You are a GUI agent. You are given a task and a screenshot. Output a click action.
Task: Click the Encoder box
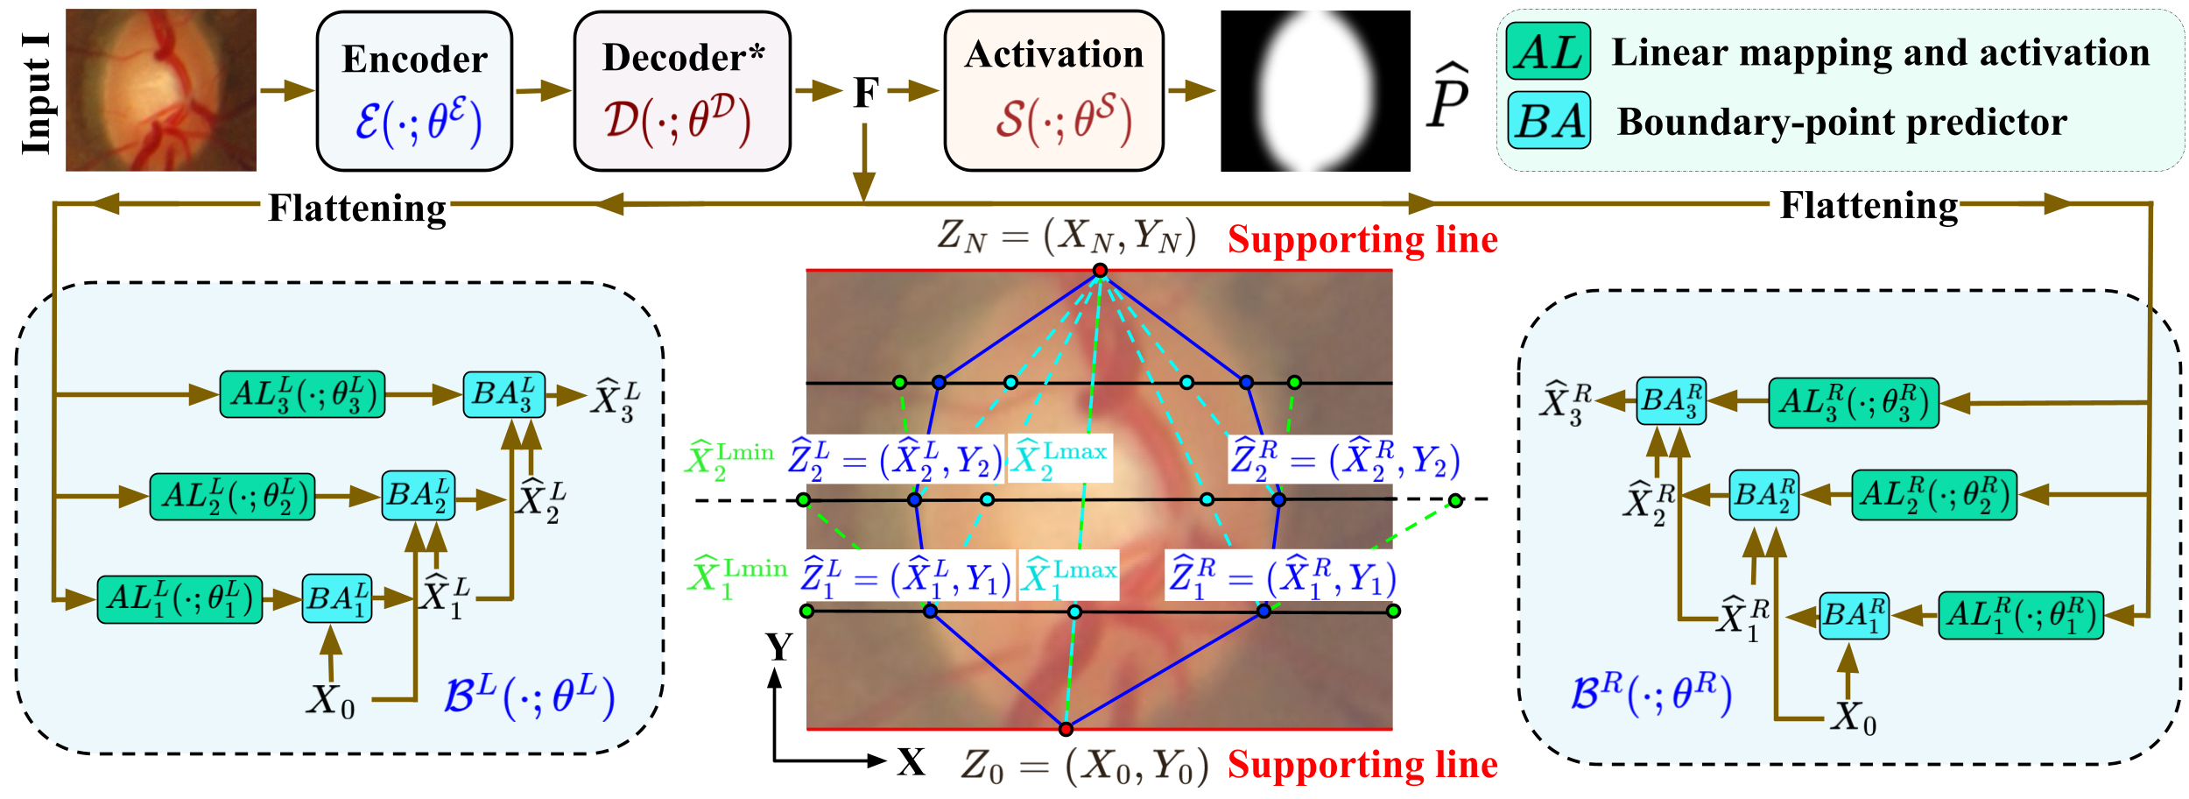click(414, 91)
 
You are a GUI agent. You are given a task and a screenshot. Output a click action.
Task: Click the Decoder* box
click(682, 91)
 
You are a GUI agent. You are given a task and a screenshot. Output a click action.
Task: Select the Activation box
click(1053, 91)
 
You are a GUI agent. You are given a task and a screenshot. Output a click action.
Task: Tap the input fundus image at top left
click(161, 90)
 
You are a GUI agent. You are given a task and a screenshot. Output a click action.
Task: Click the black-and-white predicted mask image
click(1315, 91)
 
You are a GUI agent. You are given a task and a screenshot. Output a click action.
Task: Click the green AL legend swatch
click(1548, 52)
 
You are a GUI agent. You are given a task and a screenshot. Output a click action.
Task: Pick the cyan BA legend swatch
click(1548, 121)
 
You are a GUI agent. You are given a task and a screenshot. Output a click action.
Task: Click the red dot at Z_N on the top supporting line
click(1100, 270)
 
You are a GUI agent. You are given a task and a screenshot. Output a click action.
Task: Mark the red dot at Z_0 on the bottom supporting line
click(1066, 729)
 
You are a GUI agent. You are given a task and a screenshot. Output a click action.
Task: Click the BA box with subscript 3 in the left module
click(503, 394)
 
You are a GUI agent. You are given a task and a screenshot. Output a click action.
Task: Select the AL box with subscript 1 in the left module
click(179, 599)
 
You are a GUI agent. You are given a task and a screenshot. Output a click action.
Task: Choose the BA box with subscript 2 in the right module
click(1763, 495)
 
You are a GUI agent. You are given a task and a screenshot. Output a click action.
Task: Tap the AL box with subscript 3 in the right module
click(1853, 403)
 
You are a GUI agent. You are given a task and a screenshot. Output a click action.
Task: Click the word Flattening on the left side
click(356, 209)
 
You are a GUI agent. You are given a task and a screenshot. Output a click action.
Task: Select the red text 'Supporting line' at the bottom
click(1362, 765)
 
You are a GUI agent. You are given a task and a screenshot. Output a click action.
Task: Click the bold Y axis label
click(778, 647)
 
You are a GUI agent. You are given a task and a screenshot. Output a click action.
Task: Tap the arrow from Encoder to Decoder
click(543, 90)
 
